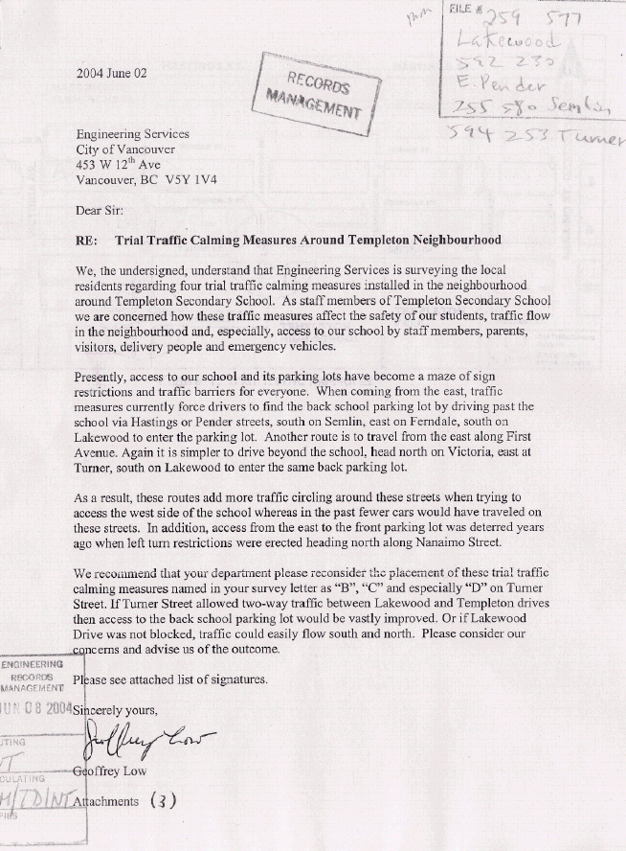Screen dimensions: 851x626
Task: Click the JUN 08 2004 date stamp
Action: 36,709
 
